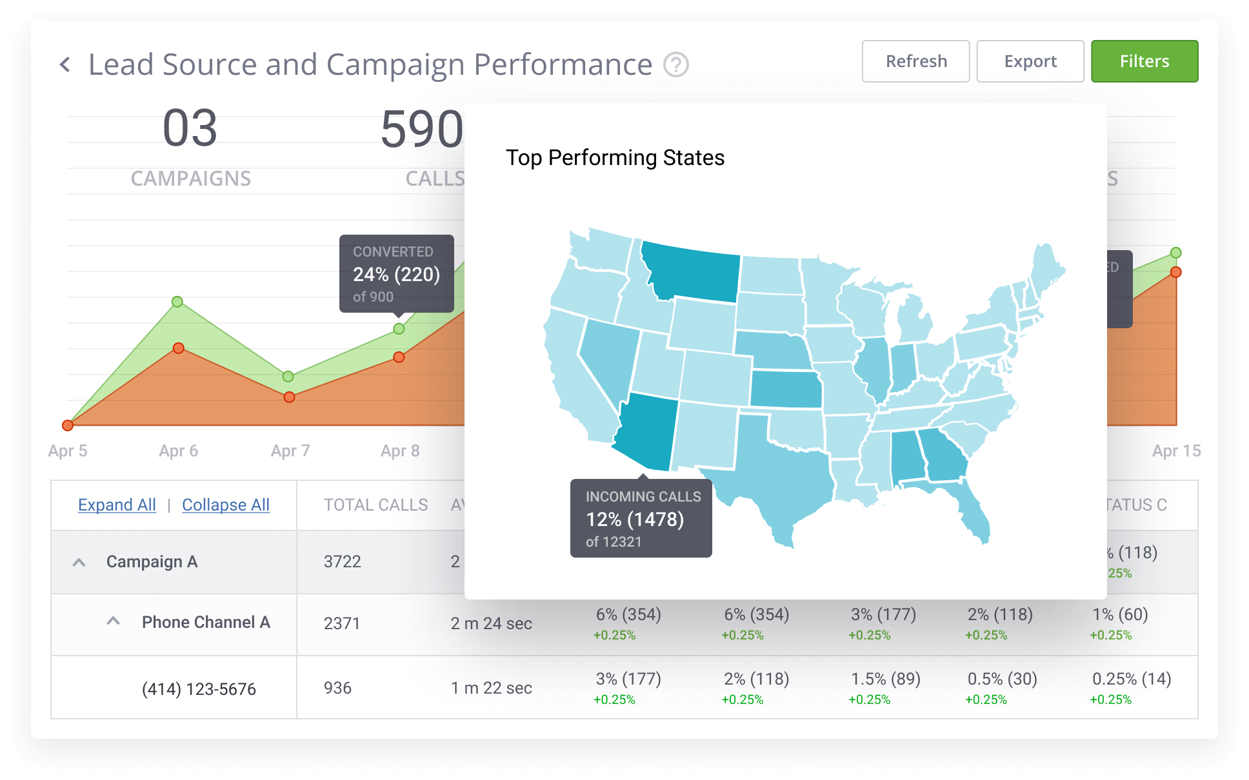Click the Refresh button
(915, 61)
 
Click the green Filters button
(1144, 61)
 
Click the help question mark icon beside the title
(676, 64)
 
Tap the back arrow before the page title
(65, 64)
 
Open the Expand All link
(117, 505)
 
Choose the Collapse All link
(225, 505)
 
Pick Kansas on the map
(786, 389)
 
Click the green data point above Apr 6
(177, 302)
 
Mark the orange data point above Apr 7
(289, 397)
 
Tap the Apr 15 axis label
(1176, 451)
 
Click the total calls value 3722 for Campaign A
(342, 561)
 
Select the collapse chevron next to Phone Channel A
(114, 621)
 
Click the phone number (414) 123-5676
(199, 689)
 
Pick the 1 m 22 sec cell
(491, 688)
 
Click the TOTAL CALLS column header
(375, 505)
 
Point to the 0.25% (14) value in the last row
(1131, 679)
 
